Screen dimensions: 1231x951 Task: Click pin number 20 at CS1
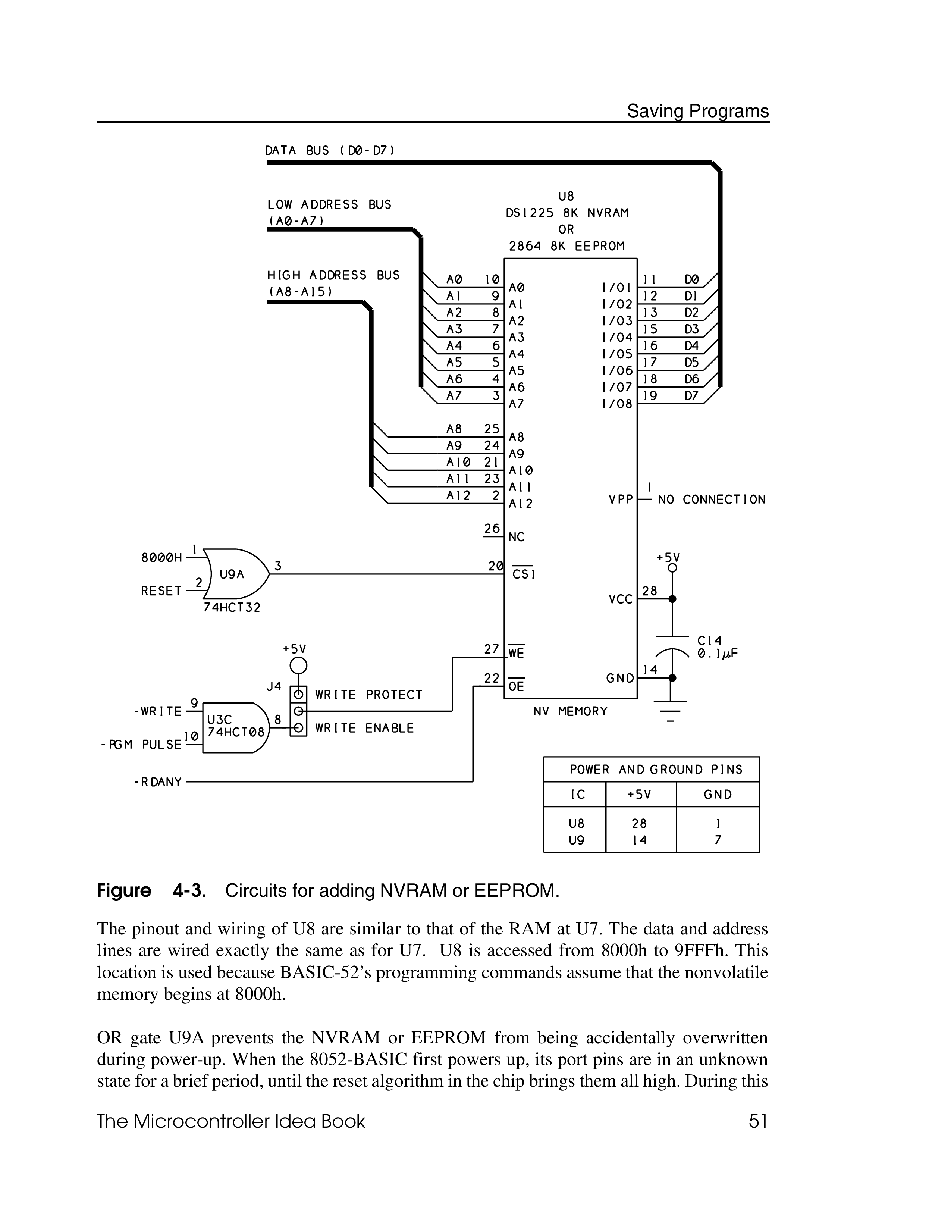tap(495, 566)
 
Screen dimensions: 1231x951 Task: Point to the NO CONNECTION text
tap(712, 500)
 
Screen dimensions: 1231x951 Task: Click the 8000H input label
tap(162, 558)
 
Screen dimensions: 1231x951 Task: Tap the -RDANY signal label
tap(158, 782)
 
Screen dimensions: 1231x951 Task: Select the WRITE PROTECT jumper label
tap(368, 695)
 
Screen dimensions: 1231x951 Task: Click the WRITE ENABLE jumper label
tap(364, 728)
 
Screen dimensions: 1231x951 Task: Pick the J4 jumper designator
tap(274, 686)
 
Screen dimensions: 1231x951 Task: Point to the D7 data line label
tap(691, 396)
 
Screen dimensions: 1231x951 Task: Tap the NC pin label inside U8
tap(516, 537)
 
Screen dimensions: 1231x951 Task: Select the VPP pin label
tap(621, 500)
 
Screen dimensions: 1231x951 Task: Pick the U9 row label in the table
tap(576, 840)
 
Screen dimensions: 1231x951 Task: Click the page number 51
tap(758, 1122)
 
